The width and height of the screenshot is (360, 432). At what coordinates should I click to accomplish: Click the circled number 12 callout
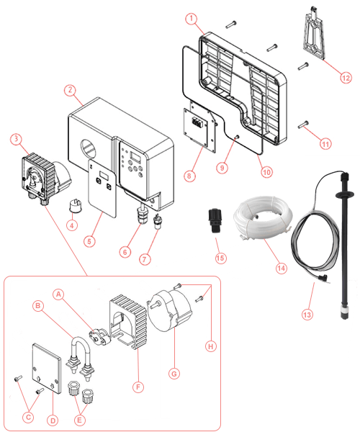(346, 78)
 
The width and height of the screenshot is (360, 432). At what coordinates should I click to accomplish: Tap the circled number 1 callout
(192, 19)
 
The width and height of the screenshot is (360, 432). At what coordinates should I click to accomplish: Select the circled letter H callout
(211, 346)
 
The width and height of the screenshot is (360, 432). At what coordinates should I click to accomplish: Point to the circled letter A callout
(58, 294)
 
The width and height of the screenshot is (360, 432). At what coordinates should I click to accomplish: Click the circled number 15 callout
(220, 258)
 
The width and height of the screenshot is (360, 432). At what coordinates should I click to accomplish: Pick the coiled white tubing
(263, 217)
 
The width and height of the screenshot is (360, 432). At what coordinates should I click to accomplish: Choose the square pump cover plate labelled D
(46, 369)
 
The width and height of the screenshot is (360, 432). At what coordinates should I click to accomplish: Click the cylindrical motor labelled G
(169, 310)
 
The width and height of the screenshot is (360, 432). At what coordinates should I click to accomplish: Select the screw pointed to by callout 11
(303, 125)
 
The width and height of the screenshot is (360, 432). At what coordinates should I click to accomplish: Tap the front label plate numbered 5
(102, 188)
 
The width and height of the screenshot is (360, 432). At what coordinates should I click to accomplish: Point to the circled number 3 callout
(17, 139)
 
